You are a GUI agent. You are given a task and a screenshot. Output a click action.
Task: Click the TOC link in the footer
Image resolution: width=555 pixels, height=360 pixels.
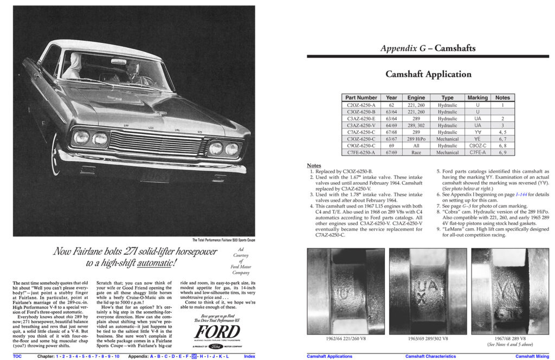[x=17, y=356]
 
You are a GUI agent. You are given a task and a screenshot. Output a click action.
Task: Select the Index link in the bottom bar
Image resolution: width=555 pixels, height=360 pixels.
[x=249, y=356]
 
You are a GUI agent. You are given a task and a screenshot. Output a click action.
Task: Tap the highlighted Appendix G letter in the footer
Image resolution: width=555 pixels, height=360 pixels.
[x=195, y=356]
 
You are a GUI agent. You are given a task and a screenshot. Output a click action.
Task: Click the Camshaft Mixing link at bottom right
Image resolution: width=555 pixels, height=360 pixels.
[x=532, y=356]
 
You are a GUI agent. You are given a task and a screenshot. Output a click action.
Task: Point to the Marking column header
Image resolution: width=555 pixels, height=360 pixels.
[x=477, y=98]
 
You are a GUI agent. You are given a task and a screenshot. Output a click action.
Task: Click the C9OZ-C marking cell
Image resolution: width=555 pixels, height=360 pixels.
[x=477, y=145]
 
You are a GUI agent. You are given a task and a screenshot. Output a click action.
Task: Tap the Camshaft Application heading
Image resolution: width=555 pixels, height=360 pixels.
[x=428, y=74]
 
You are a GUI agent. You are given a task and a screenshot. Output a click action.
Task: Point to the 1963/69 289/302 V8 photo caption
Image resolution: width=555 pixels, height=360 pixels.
[x=428, y=338]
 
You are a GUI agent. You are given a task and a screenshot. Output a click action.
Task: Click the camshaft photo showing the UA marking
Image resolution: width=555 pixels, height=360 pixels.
[x=428, y=291]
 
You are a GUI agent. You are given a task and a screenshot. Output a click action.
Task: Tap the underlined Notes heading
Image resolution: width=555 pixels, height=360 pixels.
[x=314, y=165]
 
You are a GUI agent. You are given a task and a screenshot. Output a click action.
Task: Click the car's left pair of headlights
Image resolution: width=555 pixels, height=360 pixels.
[x=91, y=138]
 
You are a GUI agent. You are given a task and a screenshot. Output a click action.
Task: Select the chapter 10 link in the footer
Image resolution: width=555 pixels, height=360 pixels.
[x=117, y=356]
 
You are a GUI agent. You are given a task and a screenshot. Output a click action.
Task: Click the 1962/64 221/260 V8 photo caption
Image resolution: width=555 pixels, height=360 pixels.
[x=346, y=338]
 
